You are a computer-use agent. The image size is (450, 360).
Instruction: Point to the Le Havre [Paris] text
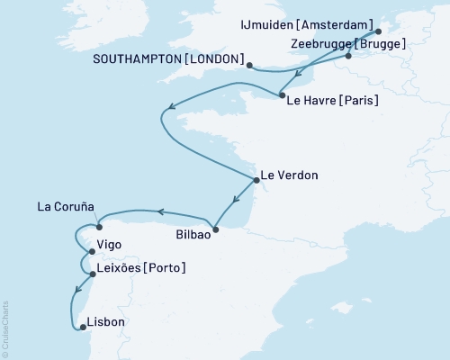(x=331, y=100)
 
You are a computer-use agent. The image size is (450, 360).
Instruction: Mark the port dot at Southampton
(x=249, y=64)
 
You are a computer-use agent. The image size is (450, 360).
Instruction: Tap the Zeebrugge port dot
(x=347, y=58)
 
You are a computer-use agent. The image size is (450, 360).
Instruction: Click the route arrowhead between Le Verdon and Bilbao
(x=235, y=202)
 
